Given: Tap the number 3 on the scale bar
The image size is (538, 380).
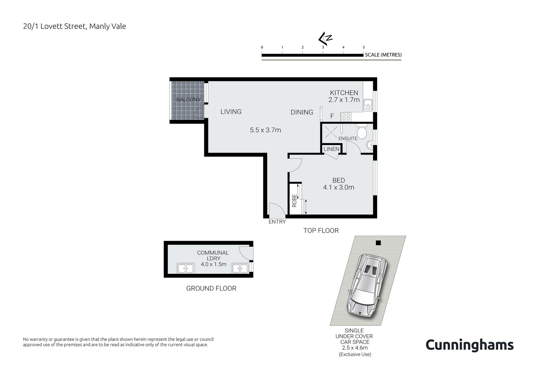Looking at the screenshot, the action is point(323,47).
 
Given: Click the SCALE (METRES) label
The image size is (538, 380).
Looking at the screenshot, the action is point(383,55).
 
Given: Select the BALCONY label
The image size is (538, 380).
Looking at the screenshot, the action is point(188,100).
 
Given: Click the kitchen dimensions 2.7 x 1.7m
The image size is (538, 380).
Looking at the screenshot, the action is point(344,100).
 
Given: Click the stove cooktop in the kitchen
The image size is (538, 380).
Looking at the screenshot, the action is point(346,117).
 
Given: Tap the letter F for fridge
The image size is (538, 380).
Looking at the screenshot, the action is point(332,116).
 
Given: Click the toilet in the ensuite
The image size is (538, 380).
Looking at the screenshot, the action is point(362,132).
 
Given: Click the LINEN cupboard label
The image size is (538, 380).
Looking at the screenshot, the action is point(331,149).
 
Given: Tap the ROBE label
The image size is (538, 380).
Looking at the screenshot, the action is point(294,200).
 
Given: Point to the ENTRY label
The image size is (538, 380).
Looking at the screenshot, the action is point(277,222).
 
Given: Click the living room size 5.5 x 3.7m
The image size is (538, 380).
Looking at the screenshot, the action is point(265,130).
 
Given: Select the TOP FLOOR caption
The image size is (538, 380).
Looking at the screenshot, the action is point(321,231).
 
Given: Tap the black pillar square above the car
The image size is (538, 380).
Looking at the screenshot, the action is point(378,243).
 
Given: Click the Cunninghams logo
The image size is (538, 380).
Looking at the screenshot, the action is point(469,345).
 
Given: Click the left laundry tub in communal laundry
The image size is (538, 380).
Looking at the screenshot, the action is point(186,268).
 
